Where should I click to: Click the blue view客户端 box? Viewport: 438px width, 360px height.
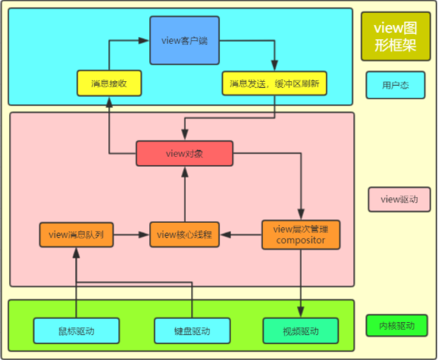(184, 40)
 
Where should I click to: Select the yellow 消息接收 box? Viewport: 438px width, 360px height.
(109, 83)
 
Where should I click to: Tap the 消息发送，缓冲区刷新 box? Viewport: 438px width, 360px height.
(274, 83)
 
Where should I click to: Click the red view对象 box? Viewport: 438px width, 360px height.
(184, 153)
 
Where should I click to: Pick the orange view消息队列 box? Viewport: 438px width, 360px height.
(77, 235)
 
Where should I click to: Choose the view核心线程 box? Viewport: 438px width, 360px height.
(184, 235)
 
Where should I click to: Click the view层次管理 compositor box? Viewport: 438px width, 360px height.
(301, 235)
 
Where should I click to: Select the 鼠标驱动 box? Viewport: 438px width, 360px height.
(77, 331)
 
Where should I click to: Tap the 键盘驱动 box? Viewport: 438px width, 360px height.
(192, 331)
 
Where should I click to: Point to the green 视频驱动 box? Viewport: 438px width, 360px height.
(301, 331)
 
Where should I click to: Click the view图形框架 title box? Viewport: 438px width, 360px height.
(396, 36)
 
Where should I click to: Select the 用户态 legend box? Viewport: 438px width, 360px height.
(396, 85)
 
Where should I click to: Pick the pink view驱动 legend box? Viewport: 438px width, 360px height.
(399, 199)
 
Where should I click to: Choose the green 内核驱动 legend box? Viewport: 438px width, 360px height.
(396, 326)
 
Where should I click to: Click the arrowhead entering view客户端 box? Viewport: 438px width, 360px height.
(144, 40)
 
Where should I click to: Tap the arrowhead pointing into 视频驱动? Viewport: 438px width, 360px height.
(301, 311)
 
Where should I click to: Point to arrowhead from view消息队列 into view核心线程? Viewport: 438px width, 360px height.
(144, 235)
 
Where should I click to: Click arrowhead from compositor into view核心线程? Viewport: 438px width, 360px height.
(225, 235)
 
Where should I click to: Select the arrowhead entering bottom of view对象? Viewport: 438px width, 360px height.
(185, 172)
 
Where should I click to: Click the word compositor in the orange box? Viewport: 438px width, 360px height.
(301, 240)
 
